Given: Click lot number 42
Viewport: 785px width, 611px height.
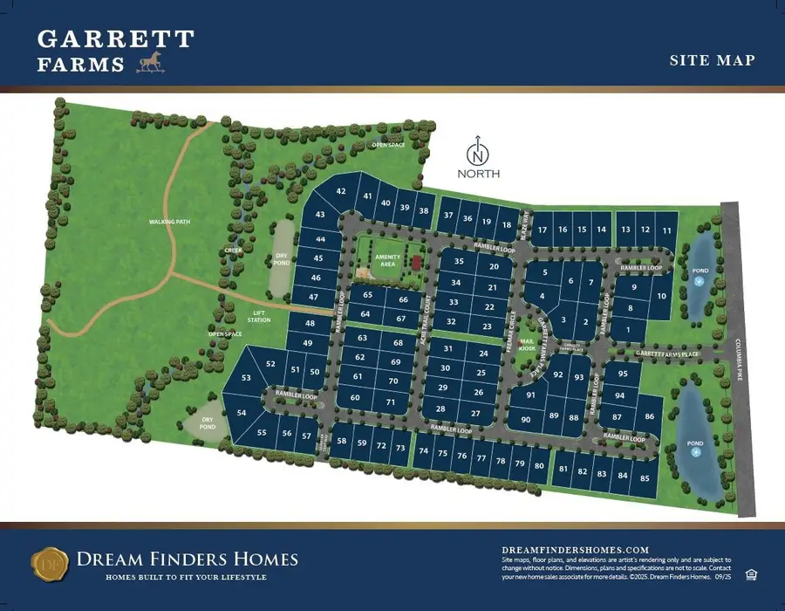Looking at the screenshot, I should (x=341, y=191).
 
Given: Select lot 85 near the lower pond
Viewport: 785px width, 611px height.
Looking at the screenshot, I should (x=645, y=478).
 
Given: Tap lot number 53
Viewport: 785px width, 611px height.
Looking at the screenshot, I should (x=246, y=378).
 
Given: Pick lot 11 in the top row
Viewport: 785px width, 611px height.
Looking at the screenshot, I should (x=667, y=230).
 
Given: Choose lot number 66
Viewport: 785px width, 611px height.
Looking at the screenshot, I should (x=402, y=300).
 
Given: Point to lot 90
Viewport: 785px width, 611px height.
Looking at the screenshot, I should (x=526, y=420).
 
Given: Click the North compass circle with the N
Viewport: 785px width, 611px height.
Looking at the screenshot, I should (x=478, y=155).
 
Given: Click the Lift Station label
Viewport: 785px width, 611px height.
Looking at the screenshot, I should (x=259, y=316).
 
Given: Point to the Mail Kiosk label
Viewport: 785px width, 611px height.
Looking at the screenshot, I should (x=527, y=345).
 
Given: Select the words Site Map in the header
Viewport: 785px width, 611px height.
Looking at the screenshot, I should (x=712, y=61).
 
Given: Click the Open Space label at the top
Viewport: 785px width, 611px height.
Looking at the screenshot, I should (x=388, y=145).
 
